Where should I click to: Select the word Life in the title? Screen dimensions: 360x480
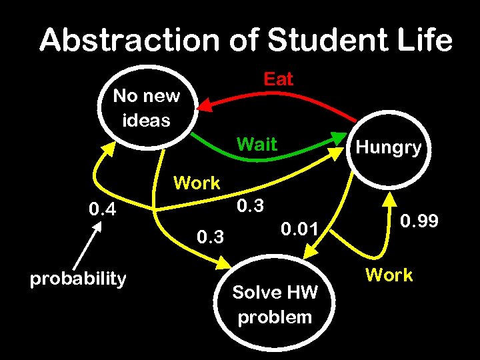point(427,41)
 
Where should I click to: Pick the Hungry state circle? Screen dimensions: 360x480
point(388,148)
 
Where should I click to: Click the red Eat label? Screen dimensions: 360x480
point(278,79)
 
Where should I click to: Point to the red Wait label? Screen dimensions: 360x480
point(257,144)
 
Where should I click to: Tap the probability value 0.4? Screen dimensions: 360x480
point(103,211)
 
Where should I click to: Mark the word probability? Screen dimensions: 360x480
point(78,278)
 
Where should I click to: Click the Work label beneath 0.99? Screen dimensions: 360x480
point(389,275)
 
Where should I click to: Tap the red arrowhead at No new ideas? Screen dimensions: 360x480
point(207,105)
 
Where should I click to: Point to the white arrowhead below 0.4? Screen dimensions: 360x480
point(97,226)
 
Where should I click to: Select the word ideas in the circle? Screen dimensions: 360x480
point(146,121)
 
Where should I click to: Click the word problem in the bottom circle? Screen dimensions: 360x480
point(275,317)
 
